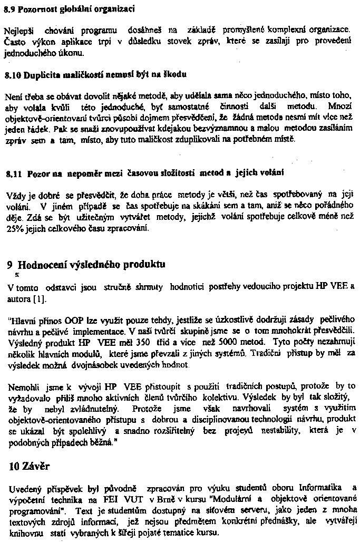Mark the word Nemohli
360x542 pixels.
[x=23, y=387]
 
